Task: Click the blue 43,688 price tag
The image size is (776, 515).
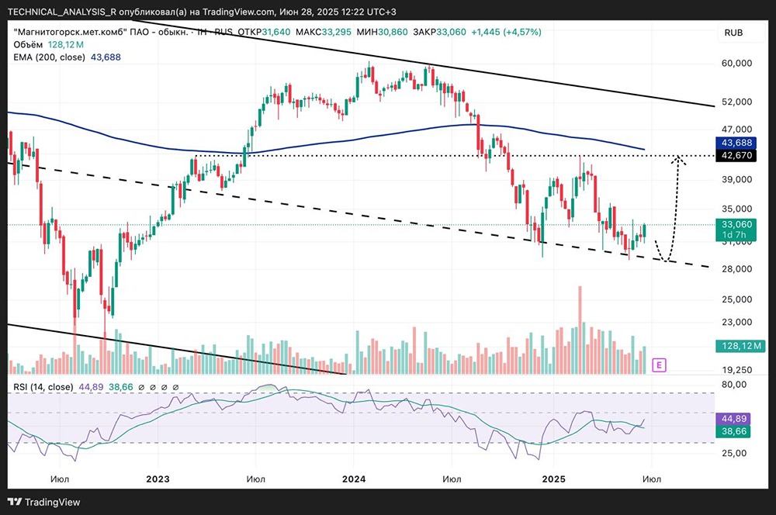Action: coord(738,143)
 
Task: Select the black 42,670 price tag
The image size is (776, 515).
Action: coord(738,156)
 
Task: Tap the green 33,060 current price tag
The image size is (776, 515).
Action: coord(738,223)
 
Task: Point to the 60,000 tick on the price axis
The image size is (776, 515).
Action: coord(737,64)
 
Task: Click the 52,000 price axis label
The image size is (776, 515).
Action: coord(737,102)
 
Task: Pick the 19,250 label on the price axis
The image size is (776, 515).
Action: coord(737,370)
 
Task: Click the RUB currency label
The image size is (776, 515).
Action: coord(733,33)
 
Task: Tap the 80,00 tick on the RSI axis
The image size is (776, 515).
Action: coord(737,384)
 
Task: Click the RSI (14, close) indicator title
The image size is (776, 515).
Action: coord(43,387)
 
